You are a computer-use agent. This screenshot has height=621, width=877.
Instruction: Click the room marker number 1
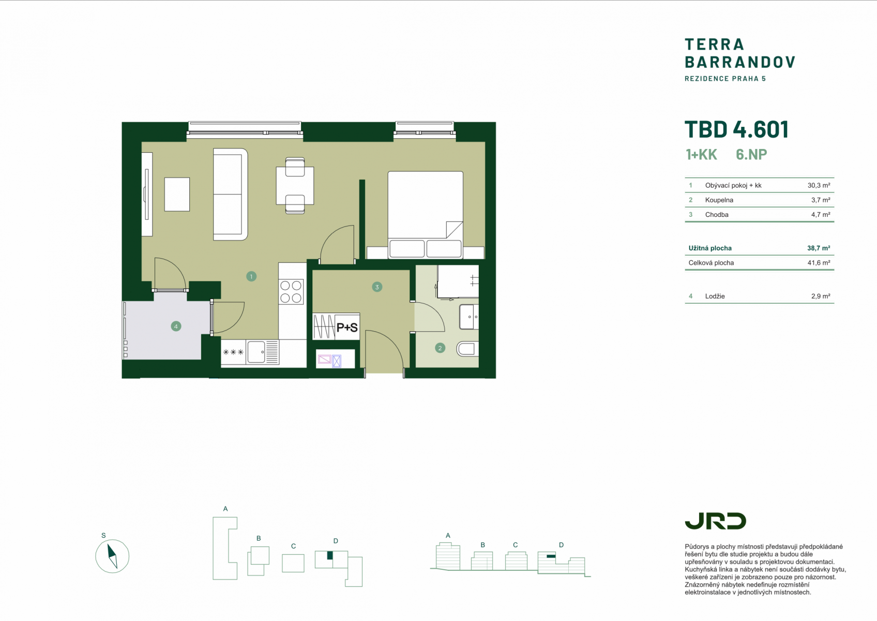coord(251,277)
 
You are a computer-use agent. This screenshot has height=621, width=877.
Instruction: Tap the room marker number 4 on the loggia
coord(176,327)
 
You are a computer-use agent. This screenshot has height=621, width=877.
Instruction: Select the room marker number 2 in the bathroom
coord(440,348)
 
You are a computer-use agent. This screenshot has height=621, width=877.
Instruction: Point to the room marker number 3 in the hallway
coord(377,287)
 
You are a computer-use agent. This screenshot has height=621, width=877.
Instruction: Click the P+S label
coord(347,327)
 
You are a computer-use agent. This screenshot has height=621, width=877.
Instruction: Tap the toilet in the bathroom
coord(467,349)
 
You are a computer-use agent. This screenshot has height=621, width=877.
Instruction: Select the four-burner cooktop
coord(291,291)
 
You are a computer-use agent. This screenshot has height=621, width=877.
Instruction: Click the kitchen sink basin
coord(256,352)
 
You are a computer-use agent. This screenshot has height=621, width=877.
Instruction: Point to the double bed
coord(425,215)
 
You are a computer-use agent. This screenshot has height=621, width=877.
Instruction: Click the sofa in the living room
coord(230,195)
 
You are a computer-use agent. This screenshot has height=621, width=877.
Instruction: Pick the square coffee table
coord(177,195)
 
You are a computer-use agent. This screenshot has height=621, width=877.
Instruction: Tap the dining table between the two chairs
coord(295,186)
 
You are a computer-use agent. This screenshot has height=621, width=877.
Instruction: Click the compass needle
coord(112,556)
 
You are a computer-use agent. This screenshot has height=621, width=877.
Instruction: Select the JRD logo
coord(715,521)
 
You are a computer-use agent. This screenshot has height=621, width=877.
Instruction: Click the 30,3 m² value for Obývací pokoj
coord(819,185)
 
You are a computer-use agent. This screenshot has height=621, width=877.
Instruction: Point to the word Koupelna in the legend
coord(719,200)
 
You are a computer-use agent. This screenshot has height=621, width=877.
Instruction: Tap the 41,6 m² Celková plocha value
coord(819,262)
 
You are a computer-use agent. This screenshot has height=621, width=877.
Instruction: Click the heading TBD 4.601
coord(736,129)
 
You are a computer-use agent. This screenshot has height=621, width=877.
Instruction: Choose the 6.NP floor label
coord(751,154)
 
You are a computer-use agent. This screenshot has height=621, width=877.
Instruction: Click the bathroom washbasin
coord(468,317)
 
